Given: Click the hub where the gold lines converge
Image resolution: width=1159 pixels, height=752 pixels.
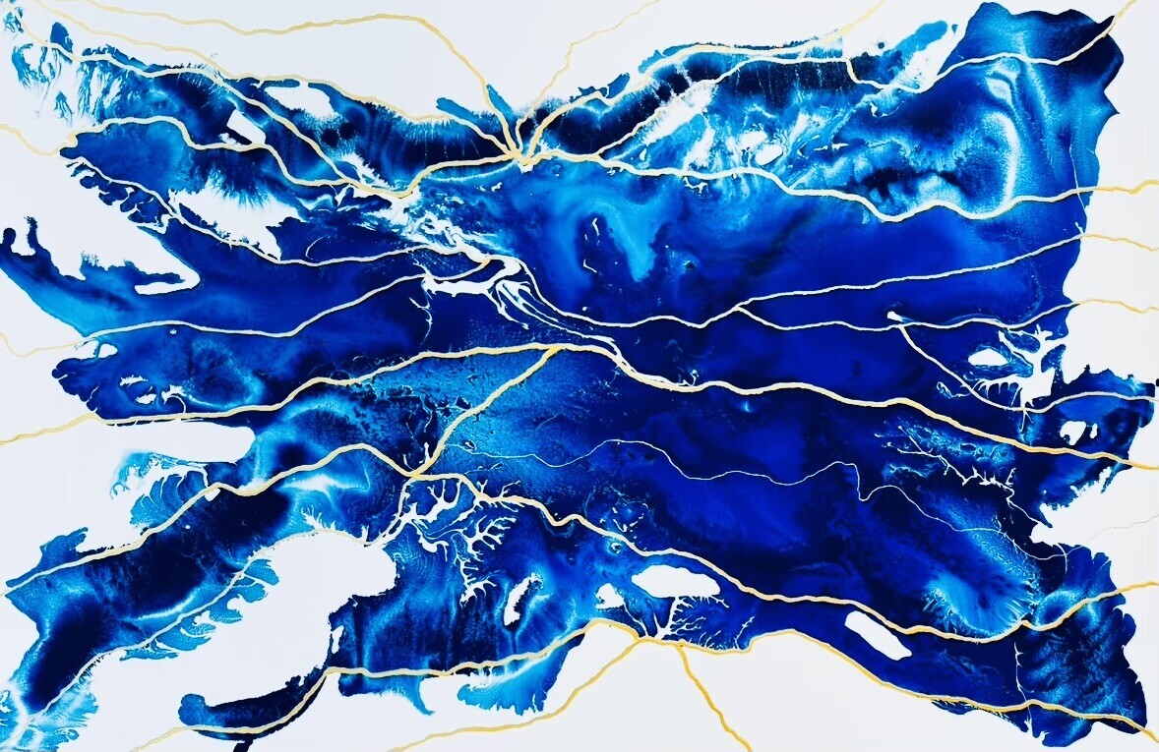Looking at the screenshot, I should point(515,154).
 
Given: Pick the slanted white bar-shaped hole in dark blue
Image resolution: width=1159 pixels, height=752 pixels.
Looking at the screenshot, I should point(878,635).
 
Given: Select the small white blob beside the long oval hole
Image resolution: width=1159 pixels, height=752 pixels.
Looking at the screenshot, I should point(610,596).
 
